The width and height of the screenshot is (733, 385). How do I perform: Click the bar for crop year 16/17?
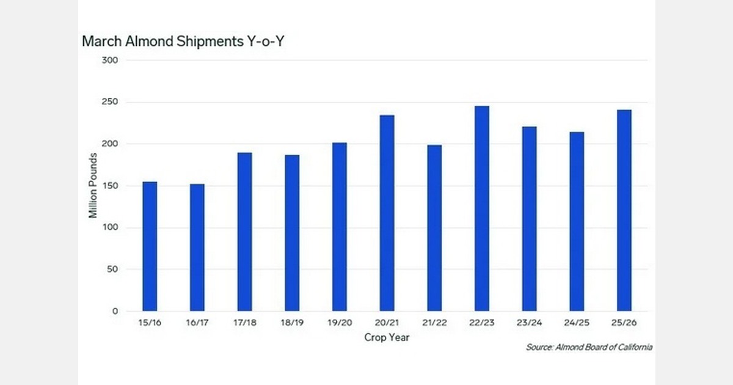[x=197, y=248]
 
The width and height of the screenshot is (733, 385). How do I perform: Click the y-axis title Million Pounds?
[x=93, y=186]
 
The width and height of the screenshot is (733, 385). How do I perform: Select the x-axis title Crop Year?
[x=387, y=337]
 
